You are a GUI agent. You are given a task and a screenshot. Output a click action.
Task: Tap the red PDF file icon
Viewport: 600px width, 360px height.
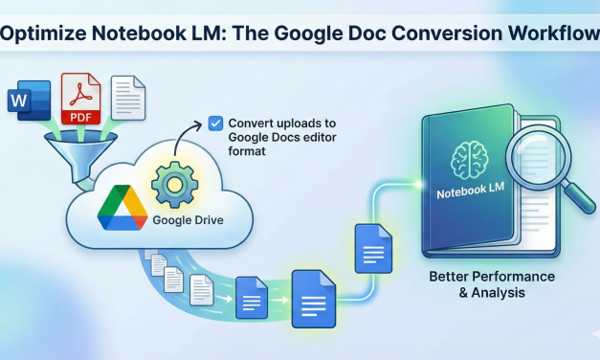click(82, 98)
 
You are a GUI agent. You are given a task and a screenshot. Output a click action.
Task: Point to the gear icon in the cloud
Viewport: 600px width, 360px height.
click(173, 185)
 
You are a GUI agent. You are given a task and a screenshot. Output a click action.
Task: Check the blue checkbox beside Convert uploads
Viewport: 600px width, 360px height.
click(215, 123)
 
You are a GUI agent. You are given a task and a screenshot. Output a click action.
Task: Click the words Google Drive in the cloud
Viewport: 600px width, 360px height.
click(189, 221)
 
